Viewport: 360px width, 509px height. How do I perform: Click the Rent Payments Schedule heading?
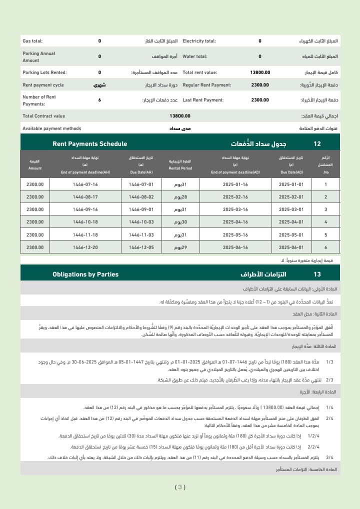[x=89, y=144]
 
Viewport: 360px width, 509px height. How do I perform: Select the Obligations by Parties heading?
[x=85, y=274]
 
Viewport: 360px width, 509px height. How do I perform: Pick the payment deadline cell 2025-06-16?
[x=235, y=247]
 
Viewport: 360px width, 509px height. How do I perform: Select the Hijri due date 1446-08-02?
[x=141, y=197]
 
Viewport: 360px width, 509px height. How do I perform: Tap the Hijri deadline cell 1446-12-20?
[x=85, y=247]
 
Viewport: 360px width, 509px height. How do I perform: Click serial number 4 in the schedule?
[x=325, y=222]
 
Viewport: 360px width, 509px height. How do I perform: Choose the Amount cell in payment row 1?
[x=35, y=184]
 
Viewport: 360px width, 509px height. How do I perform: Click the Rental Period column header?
[x=180, y=164]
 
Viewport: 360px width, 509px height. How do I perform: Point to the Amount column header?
[x=35, y=164]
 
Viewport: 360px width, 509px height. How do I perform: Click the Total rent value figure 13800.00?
[x=260, y=72]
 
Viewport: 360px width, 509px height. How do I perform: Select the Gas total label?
[x=32, y=41]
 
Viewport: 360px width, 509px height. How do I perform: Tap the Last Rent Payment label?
[x=203, y=100]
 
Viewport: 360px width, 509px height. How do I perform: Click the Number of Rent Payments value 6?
[x=99, y=100]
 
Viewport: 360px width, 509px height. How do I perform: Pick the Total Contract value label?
[x=43, y=116]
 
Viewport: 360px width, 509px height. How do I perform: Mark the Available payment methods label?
[x=51, y=128]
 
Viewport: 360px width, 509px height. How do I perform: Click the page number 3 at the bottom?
[x=180, y=487]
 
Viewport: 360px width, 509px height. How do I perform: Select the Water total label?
[x=195, y=56]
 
